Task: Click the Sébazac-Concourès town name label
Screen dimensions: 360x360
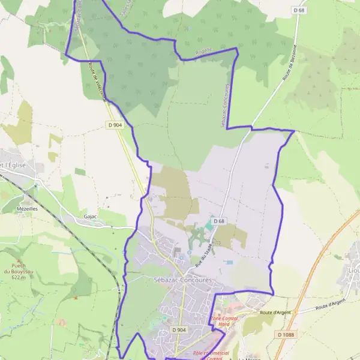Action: pos(179,281)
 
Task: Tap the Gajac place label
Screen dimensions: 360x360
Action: pos(91,216)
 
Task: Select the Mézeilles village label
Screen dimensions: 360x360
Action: pos(28,209)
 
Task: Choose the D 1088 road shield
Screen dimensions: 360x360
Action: pos(287,334)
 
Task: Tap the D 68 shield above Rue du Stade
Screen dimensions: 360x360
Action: pos(218,221)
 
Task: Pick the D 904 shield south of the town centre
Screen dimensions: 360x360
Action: pos(178,330)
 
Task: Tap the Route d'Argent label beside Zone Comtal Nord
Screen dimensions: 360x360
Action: pos(275,313)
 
